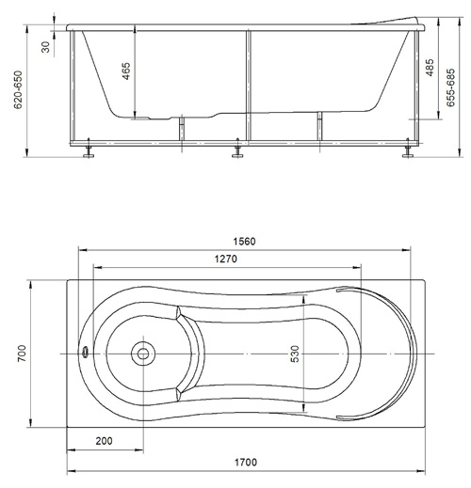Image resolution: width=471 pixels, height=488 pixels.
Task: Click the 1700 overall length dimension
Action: pyautogui.click(x=246, y=463)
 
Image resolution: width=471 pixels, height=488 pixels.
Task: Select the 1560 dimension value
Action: pyautogui.click(x=245, y=242)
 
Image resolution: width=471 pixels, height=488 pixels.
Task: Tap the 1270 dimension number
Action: pyautogui.click(x=225, y=259)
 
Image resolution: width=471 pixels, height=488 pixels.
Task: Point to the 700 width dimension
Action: pyautogui.click(x=22, y=354)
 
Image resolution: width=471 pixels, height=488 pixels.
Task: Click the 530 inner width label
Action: pyautogui.click(x=295, y=354)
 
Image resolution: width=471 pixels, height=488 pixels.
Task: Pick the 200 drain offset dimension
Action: pyautogui.click(x=104, y=441)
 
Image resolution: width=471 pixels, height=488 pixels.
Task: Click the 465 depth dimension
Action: pyautogui.click(x=125, y=71)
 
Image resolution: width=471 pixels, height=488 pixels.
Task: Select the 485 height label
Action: pyautogui.click(x=430, y=67)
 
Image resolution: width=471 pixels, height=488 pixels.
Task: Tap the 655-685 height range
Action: pyautogui.click(x=450, y=88)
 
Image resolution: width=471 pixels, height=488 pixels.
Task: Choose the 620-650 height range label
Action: pyautogui.click(x=18, y=89)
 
